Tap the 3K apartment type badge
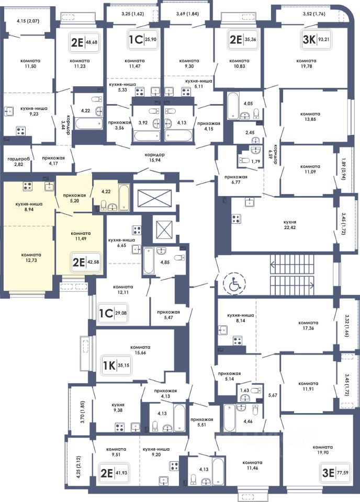[x=316, y=40]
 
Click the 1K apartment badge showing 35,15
[x=116, y=365]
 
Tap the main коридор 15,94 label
[x=155, y=157]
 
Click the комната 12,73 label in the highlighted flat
[x=31, y=257]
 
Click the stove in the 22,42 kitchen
[x=237, y=219]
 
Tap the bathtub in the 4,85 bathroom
[x=148, y=261]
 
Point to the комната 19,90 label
[x=322, y=450]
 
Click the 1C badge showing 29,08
[x=113, y=313]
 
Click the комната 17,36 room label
[x=308, y=325]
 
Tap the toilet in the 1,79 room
[x=244, y=161]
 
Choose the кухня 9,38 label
[x=118, y=407]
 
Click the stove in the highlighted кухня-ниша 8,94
[x=28, y=186]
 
